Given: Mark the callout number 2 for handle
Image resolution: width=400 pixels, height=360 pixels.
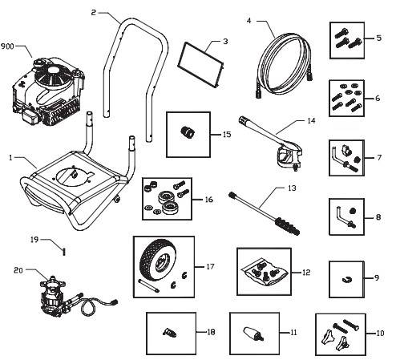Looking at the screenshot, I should (95, 14).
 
